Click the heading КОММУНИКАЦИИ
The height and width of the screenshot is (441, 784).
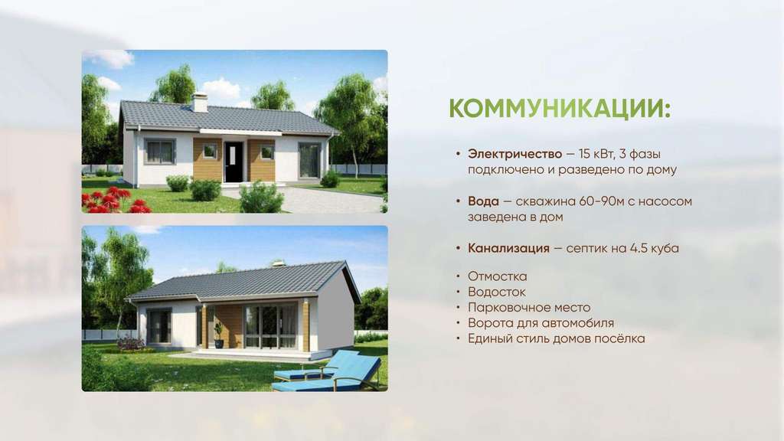(560, 109)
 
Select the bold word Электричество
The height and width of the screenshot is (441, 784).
(514, 153)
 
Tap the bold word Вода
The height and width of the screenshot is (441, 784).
(483, 201)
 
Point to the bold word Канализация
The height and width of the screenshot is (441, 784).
(508, 248)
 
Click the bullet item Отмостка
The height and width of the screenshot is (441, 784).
(497, 276)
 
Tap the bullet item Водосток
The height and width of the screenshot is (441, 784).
(496, 292)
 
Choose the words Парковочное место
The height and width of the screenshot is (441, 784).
(529, 308)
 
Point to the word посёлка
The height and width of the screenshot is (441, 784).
(619, 338)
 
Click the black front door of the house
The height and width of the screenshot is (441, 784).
(234, 162)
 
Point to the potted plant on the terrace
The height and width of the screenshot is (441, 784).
(219, 335)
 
